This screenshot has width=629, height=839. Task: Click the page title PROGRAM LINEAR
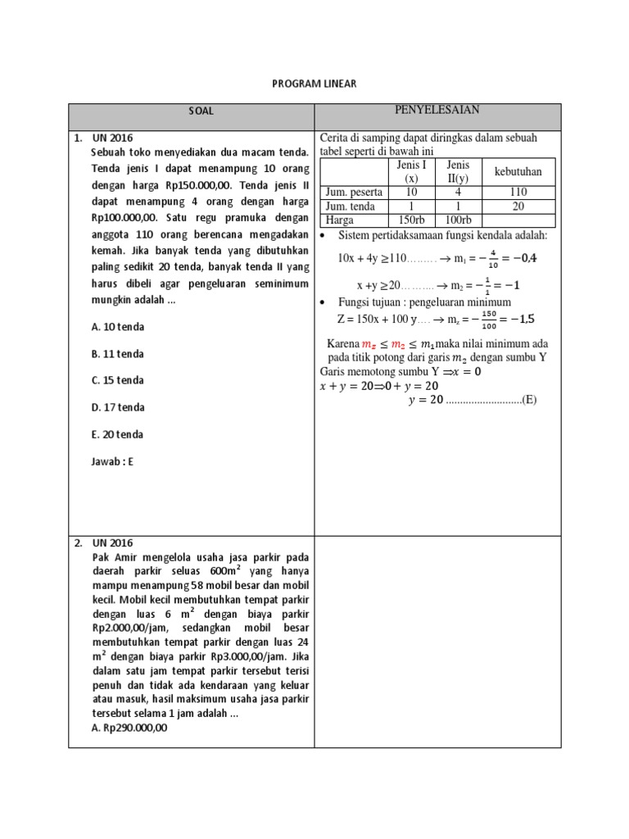[x=314, y=84]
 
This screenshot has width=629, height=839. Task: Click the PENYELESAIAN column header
[x=437, y=111]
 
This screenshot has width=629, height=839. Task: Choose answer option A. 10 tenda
[x=118, y=327]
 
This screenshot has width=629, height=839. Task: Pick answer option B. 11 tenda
[x=118, y=354]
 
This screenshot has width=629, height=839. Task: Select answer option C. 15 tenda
[x=118, y=381]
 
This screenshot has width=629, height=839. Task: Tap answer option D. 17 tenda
[x=118, y=407]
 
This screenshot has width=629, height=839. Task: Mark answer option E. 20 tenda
[x=118, y=434]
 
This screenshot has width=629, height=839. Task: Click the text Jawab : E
[x=112, y=461]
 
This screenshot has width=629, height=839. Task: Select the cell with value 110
[x=518, y=193]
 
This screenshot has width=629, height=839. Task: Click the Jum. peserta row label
[x=354, y=193]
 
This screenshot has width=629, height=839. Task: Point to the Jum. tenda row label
[x=351, y=206]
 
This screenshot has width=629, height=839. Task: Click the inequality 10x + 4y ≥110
[x=373, y=258]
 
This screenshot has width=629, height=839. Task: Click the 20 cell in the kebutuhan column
[x=518, y=206]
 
